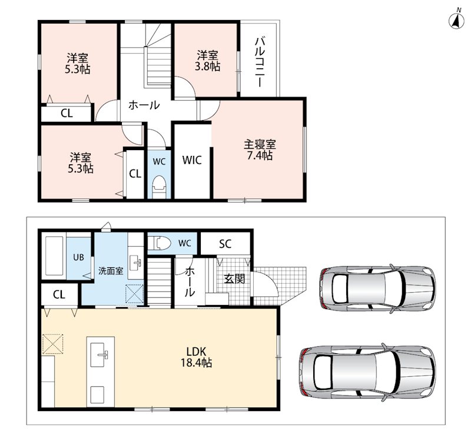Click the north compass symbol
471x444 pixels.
[x=456, y=21]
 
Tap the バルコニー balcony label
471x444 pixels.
[x=260, y=62]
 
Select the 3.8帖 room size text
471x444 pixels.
[x=207, y=66]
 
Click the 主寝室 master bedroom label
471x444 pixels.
[x=260, y=144]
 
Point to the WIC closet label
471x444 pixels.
[x=192, y=160]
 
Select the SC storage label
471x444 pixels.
[x=225, y=244]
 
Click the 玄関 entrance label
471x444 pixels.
[x=234, y=279]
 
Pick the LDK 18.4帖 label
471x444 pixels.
[x=196, y=357]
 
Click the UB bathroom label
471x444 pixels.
[x=79, y=257]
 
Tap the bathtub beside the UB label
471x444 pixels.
[x=54, y=256]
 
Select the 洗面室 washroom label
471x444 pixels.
[x=111, y=271]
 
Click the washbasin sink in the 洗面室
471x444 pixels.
[x=137, y=263]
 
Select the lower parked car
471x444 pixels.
[x=367, y=372]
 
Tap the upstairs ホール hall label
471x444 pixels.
[x=144, y=105]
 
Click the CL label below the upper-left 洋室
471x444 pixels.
[x=67, y=113]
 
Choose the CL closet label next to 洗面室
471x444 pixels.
[x=59, y=294]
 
